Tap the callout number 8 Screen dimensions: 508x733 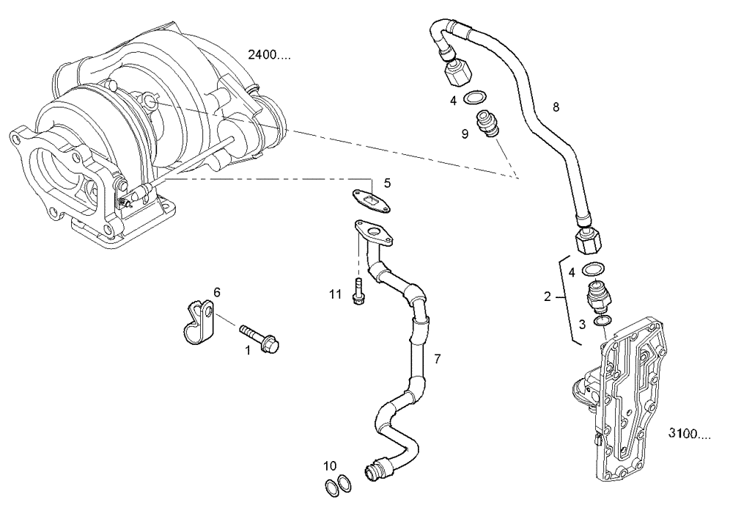pos(556,106)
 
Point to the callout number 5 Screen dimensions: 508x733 pos(387,182)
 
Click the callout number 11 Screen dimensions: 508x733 pos(336,294)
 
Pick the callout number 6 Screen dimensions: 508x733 pos(216,292)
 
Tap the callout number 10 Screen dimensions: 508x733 pos(330,465)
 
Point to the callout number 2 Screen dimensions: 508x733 pos(547,297)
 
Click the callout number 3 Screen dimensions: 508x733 pos(581,323)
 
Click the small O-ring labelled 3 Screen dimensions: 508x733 pos(601,321)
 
